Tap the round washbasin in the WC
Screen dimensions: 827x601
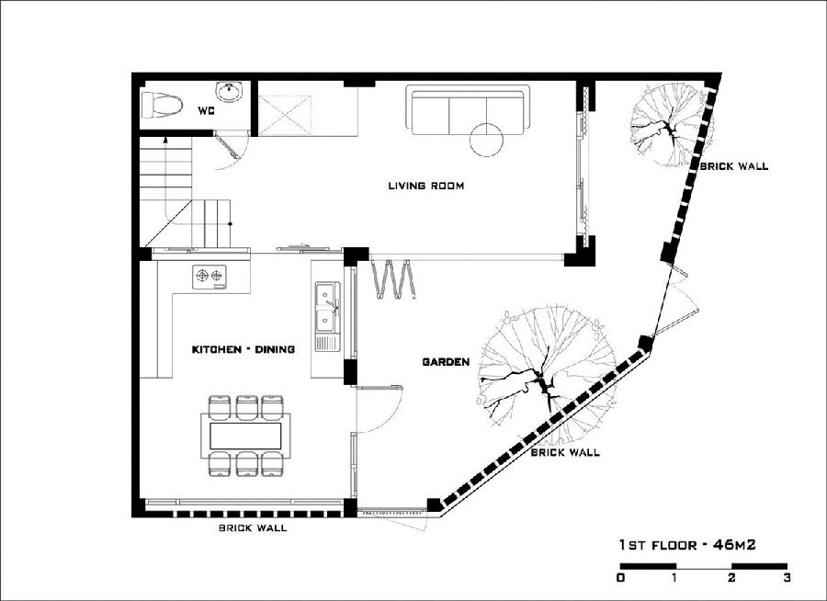(x=230, y=92)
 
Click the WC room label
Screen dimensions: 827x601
(x=206, y=111)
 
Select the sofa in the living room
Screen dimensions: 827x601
(x=468, y=110)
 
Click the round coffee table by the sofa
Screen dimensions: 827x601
(x=487, y=139)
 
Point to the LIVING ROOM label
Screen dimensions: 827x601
(x=426, y=186)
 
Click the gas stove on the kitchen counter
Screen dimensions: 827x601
(x=210, y=277)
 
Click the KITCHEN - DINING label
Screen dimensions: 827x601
(x=244, y=349)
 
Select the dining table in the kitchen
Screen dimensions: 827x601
(x=245, y=437)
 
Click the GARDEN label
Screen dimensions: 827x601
(x=446, y=362)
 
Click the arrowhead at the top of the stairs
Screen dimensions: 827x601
(x=166, y=140)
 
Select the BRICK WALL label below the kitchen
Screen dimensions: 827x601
(x=253, y=527)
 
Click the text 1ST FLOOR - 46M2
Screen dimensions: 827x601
(x=687, y=545)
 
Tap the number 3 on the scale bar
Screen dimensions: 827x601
(x=787, y=578)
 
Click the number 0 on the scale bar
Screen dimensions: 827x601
(x=621, y=578)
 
